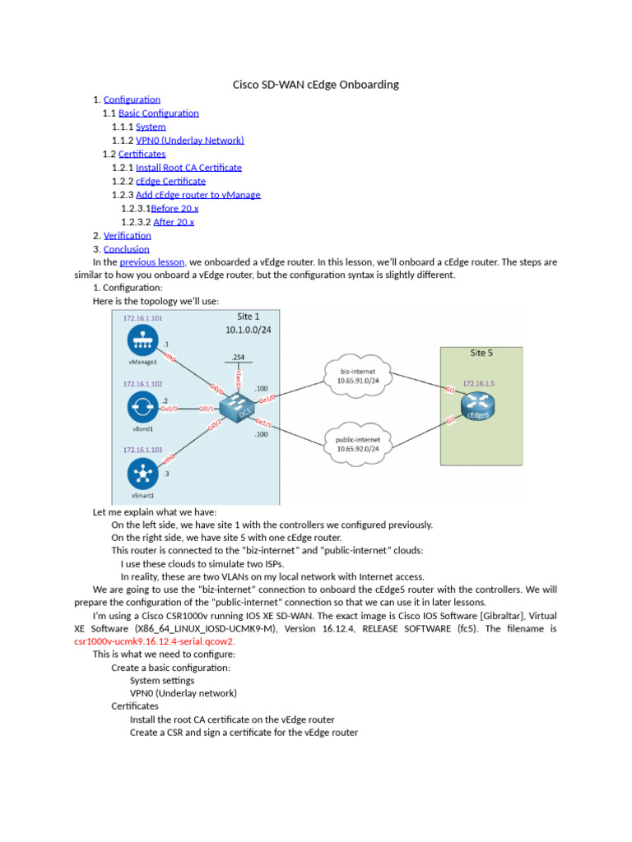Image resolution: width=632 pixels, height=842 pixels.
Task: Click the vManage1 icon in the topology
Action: click(144, 341)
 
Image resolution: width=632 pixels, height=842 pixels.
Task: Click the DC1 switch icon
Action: click(241, 407)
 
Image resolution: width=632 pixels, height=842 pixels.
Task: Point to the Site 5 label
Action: click(482, 353)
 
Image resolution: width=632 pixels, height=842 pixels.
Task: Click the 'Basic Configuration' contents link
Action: click(159, 113)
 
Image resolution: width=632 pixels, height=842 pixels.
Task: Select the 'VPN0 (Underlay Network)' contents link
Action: click(189, 141)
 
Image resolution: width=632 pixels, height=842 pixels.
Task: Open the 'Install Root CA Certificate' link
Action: click(188, 168)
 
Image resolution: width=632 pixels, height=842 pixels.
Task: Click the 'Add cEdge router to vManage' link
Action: click(197, 195)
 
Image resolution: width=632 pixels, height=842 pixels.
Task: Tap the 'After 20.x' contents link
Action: click(174, 222)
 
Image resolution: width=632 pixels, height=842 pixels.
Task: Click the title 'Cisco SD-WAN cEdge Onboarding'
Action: click(316, 85)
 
